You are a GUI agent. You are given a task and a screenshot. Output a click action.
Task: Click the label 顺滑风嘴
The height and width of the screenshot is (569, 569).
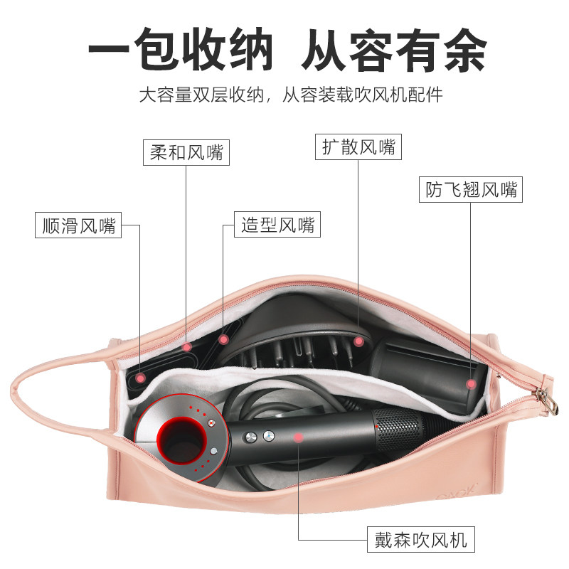[x=78, y=226]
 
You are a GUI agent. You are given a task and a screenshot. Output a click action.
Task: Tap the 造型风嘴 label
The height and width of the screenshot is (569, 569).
[x=277, y=226]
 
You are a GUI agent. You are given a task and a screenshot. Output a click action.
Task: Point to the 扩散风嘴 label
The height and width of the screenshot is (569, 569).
[x=358, y=147]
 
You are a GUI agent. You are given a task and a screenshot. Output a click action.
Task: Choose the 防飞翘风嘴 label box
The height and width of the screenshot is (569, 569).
[x=470, y=190]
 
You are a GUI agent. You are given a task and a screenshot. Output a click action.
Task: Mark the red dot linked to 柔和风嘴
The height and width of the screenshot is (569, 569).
[x=187, y=347]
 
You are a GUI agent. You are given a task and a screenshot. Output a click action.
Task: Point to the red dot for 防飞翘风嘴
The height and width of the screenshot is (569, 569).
[x=470, y=384]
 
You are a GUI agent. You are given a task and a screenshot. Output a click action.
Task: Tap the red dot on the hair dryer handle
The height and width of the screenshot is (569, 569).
[x=299, y=437]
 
